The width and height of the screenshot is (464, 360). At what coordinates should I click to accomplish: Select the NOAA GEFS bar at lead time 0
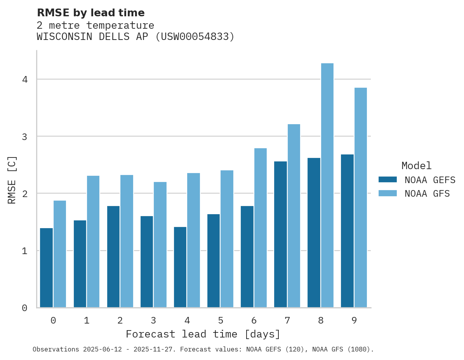(46, 268)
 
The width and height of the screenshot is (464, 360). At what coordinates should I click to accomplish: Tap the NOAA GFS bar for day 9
(361, 197)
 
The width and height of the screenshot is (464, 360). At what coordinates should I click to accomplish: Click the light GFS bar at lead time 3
(160, 244)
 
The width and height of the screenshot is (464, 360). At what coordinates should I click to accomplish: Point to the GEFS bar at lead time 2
(113, 256)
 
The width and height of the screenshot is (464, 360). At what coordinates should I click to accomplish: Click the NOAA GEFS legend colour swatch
(388, 180)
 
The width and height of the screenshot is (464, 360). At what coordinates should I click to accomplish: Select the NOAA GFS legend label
(427, 194)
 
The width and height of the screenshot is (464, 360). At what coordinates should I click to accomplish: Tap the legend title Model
(416, 166)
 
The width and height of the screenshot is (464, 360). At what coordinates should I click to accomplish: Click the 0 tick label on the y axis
(24, 308)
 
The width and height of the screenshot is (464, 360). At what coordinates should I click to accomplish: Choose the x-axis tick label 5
(221, 320)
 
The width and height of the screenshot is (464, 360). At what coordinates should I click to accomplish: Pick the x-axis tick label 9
(354, 320)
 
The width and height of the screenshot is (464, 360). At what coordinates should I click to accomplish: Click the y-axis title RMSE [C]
(12, 180)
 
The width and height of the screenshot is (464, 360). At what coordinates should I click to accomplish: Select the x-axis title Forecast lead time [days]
(203, 334)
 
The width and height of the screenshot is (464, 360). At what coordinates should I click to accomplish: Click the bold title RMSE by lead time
(91, 13)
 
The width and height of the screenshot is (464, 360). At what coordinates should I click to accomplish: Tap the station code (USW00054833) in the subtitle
(195, 37)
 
